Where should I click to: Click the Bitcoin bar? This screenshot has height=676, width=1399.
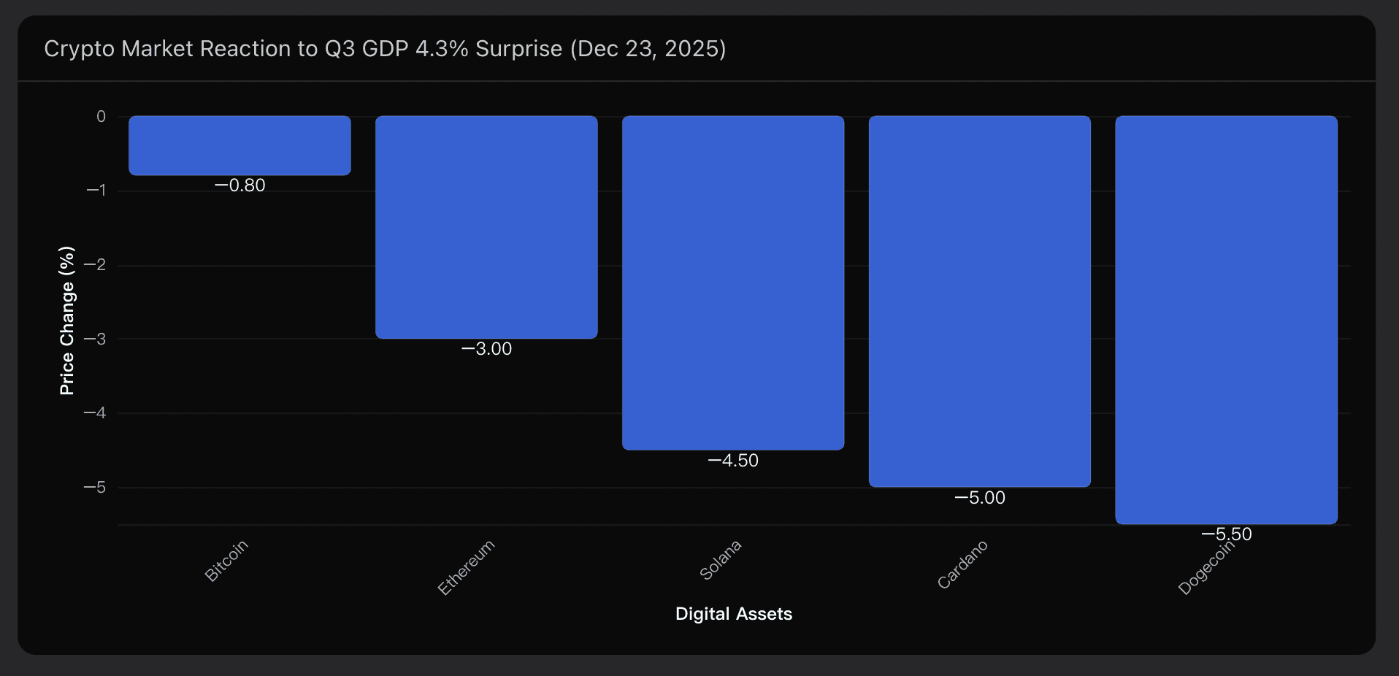[239, 145]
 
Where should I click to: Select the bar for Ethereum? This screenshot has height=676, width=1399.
[486, 227]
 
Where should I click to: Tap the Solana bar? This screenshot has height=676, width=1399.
[733, 283]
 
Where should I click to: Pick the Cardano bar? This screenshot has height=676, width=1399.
[980, 301]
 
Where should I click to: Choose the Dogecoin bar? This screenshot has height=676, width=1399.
[1227, 320]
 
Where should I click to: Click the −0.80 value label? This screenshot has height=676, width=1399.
[240, 185]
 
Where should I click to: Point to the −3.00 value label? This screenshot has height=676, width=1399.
[487, 349]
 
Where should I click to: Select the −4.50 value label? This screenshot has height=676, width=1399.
[733, 461]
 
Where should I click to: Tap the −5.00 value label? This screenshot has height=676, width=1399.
[980, 498]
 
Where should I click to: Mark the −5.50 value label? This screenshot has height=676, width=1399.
[1227, 534]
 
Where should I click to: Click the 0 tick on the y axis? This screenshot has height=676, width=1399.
[101, 117]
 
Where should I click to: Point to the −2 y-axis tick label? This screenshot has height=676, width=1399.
[95, 265]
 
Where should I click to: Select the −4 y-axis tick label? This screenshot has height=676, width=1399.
[95, 413]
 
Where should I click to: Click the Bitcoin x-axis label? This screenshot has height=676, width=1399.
[226, 561]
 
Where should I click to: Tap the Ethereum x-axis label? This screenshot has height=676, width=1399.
[467, 567]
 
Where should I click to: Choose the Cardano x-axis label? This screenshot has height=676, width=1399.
[962, 564]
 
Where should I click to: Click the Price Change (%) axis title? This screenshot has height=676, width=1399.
[67, 320]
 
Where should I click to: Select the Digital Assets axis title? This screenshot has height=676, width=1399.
[733, 614]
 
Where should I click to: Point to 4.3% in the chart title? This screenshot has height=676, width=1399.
[442, 49]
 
